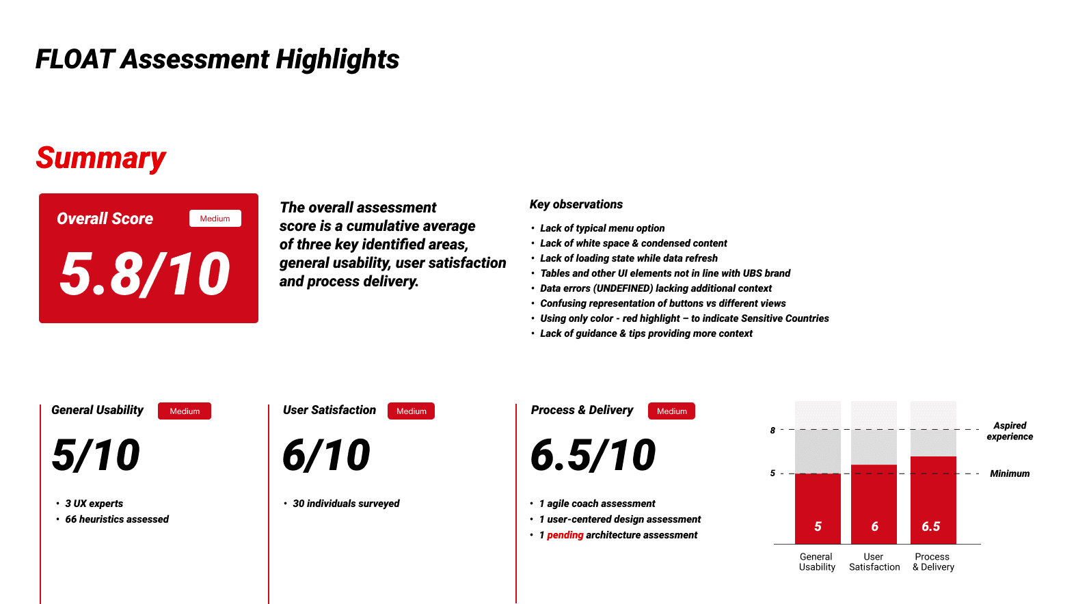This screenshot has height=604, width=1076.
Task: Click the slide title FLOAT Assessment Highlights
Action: point(217,59)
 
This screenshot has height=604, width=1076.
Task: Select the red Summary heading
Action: point(101,158)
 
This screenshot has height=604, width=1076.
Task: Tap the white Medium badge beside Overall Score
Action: point(215,219)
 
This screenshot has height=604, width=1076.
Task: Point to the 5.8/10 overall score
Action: point(145,274)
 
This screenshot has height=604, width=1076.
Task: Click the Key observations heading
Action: point(576,204)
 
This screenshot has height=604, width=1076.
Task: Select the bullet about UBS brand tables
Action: point(665,273)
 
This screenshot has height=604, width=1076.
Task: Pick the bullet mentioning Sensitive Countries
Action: point(684,318)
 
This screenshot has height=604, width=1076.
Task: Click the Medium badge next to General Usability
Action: point(185,411)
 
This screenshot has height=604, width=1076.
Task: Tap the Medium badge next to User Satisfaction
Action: point(411,411)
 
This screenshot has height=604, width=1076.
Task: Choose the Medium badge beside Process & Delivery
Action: point(671,411)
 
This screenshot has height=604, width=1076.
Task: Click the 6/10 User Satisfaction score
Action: point(326,454)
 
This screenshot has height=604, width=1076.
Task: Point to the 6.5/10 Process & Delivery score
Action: point(593,454)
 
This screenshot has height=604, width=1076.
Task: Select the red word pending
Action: point(565,535)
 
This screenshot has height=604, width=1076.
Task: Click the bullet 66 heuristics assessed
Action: point(117,519)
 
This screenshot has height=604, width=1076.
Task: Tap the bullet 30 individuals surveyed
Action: point(346,503)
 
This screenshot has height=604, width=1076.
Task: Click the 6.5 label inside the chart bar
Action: point(931,526)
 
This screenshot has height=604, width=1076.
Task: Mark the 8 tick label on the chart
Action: point(772,430)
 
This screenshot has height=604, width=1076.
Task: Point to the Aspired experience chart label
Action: point(1010,430)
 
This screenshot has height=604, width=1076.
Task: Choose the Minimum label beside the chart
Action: point(1010,473)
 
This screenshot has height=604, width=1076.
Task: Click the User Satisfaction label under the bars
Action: point(874,562)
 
